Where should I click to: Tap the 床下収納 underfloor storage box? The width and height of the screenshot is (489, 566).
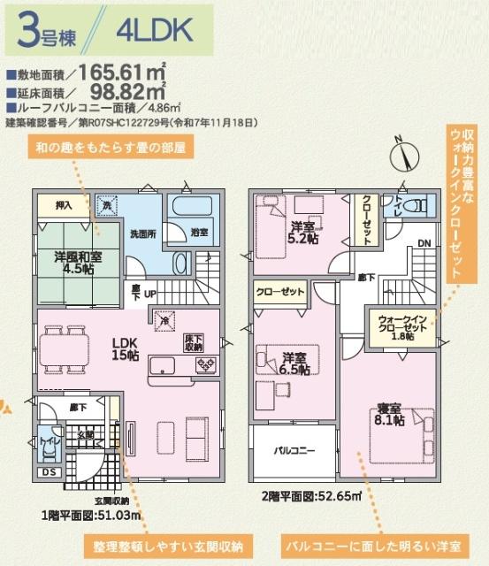(x=194, y=343)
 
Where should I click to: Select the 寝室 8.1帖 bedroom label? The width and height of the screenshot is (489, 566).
(x=390, y=414)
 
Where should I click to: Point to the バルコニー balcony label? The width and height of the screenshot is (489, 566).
(x=293, y=451)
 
